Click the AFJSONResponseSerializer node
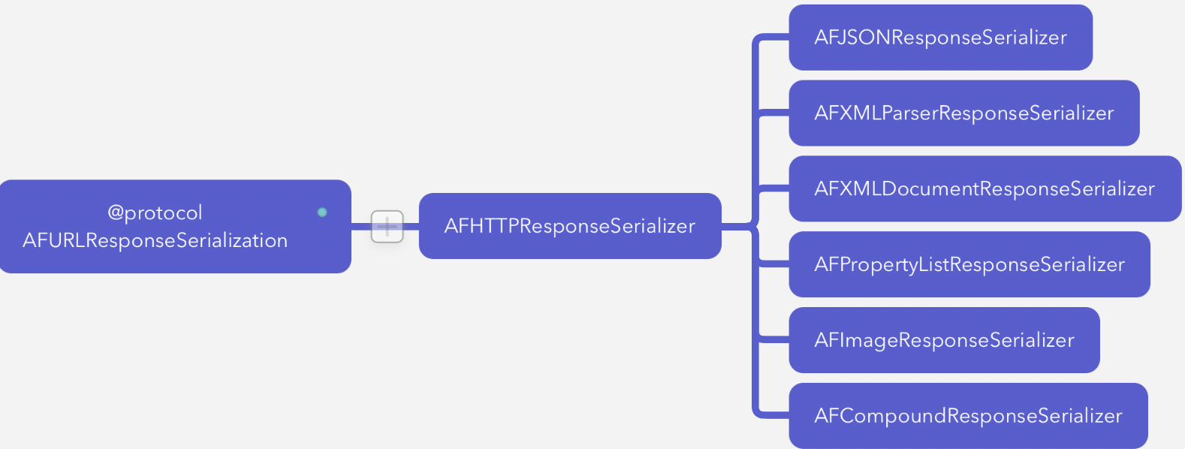(940, 38)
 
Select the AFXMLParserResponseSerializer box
(963, 113)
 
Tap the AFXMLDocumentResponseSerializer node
(984, 189)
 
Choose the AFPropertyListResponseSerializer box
(969, 264)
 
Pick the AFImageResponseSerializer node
(944, 340)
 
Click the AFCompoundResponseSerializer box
(968, 416)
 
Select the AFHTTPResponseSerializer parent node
(570, 226)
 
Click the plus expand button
(387, 226)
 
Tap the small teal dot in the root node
(322, 212)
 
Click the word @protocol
(155, 213)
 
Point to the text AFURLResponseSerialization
(155, 240)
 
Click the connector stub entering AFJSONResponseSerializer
(773, 38)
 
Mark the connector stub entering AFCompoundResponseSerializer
(773, 414)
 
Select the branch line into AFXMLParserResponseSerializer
(773, 113)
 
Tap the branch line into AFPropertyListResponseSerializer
(773, 264)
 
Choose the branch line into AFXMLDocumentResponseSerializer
(773, 188)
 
